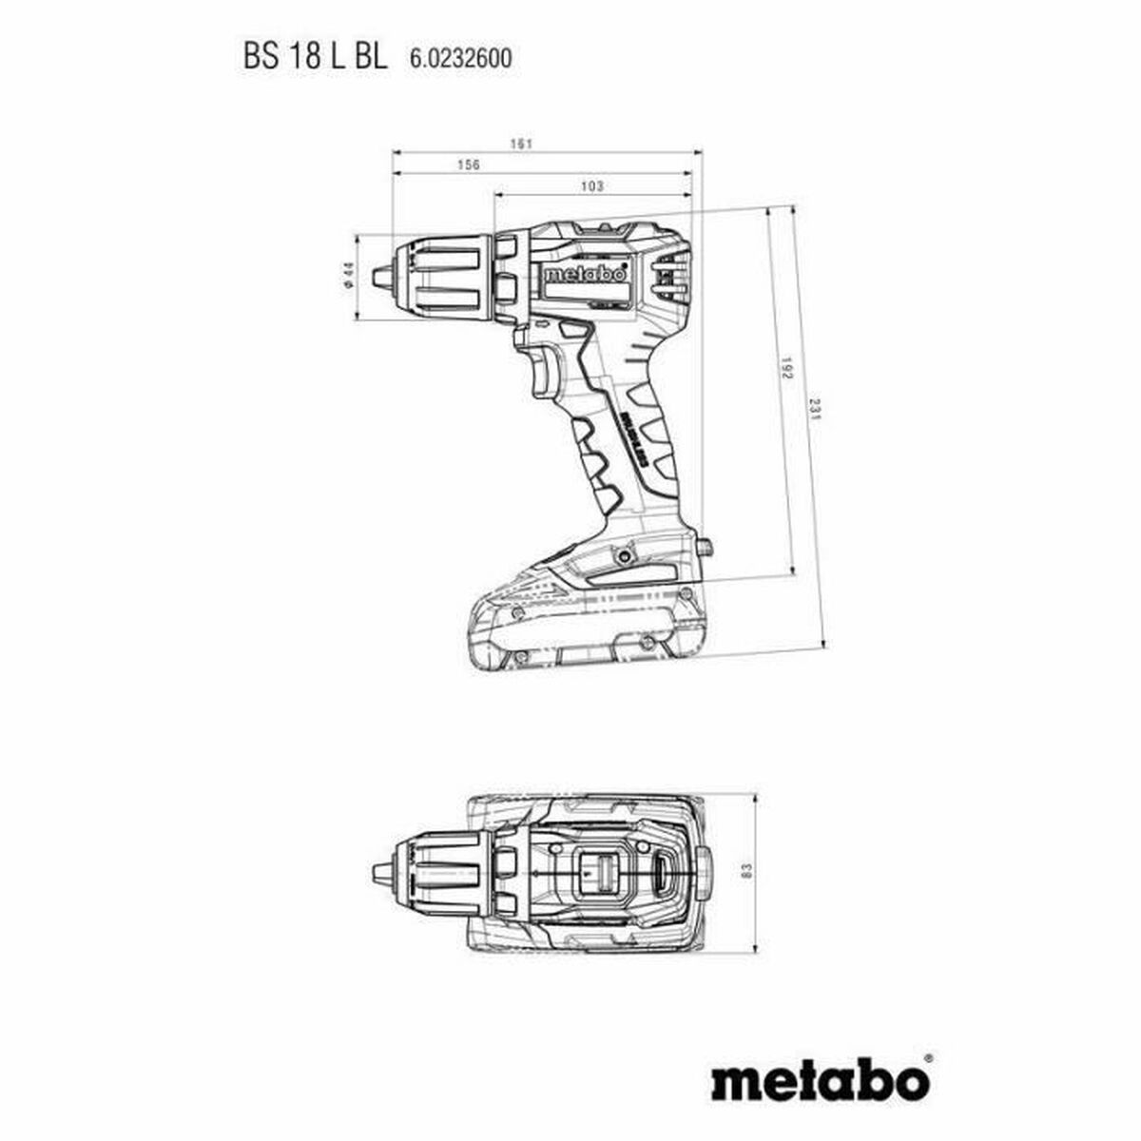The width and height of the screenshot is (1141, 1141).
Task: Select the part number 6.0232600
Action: pos(460,59)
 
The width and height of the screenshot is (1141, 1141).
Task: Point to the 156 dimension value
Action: pos(468,164)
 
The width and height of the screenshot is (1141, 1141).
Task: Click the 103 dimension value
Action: pos(591,186)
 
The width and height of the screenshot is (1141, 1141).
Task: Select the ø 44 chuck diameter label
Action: pos(348,276)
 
